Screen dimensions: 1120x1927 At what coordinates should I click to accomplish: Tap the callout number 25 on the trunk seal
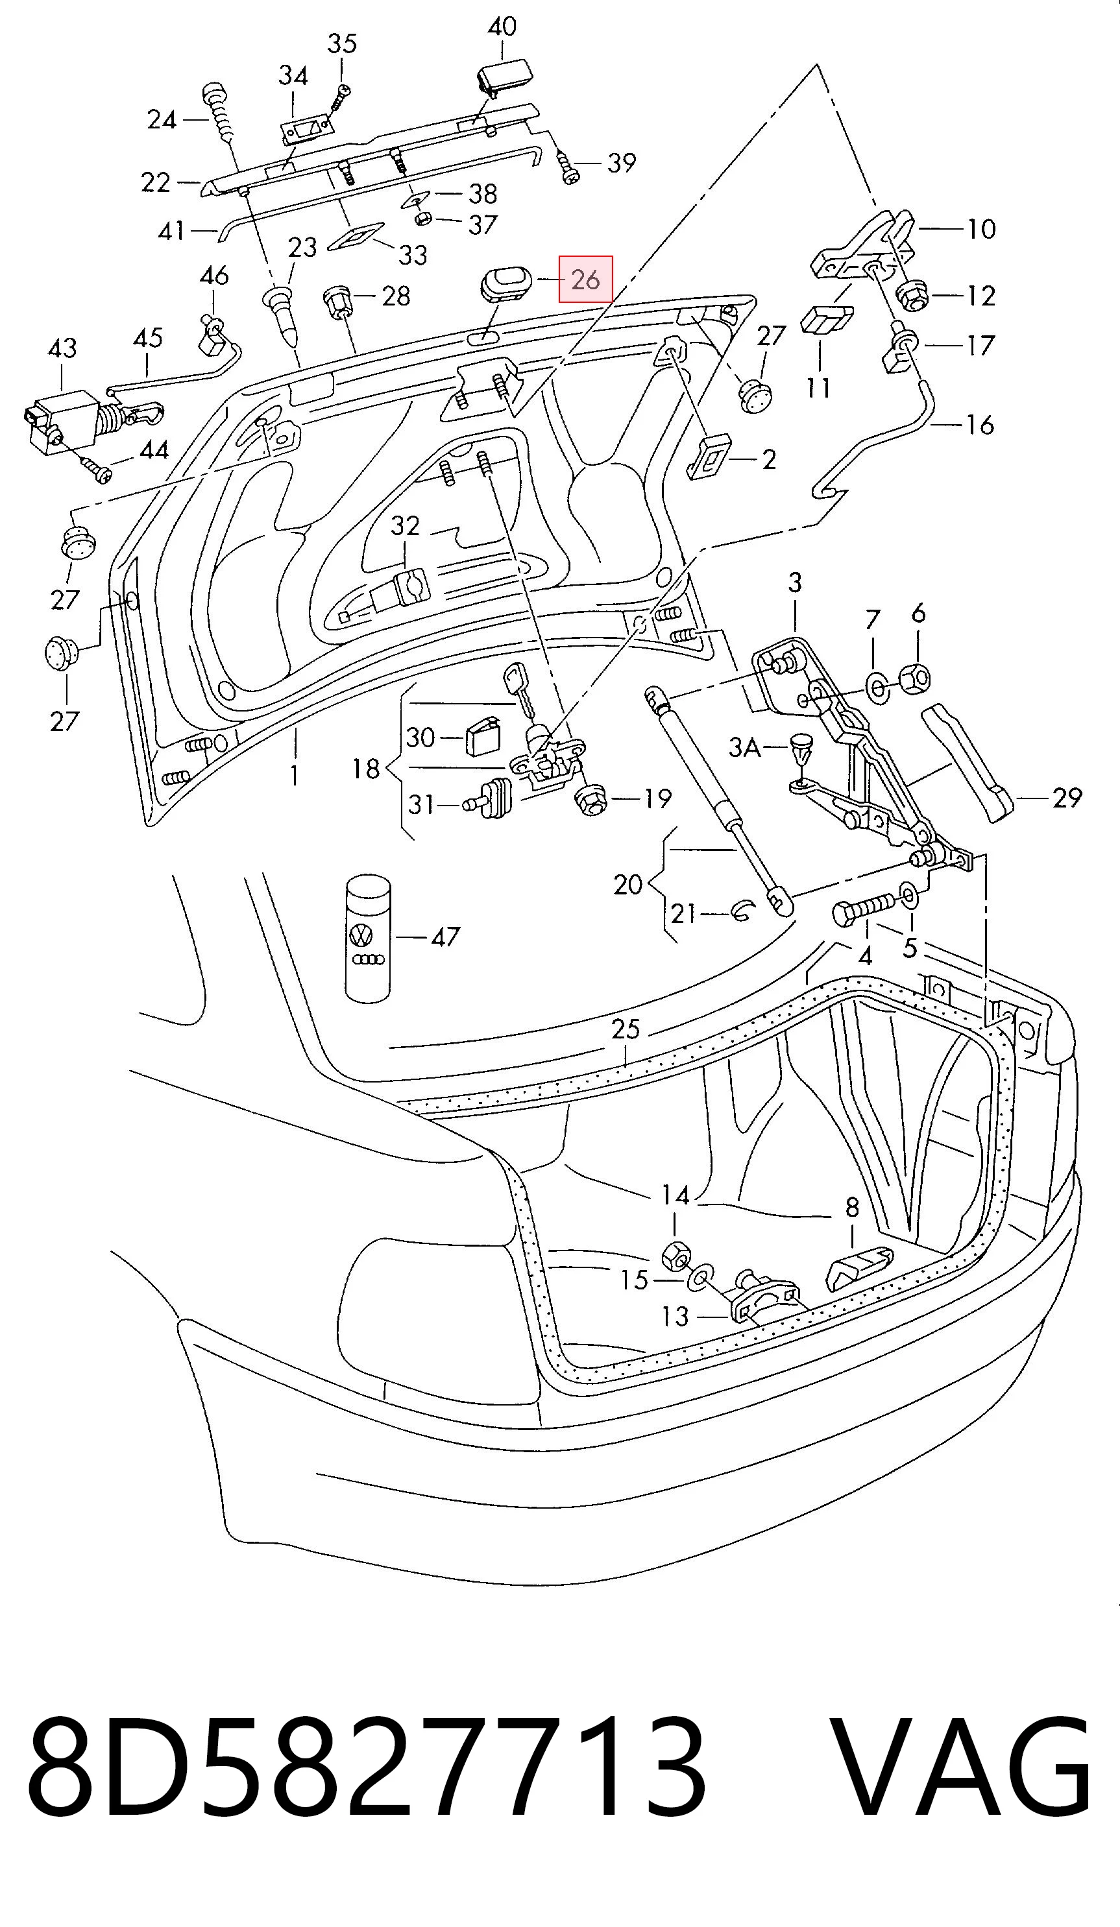pyautogui.click(x=625, y=1029)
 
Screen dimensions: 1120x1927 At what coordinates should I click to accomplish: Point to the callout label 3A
pyautogui.click(x=744, y=747)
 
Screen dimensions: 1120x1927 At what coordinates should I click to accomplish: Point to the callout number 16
pyautogui.click(x=980, y=424)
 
